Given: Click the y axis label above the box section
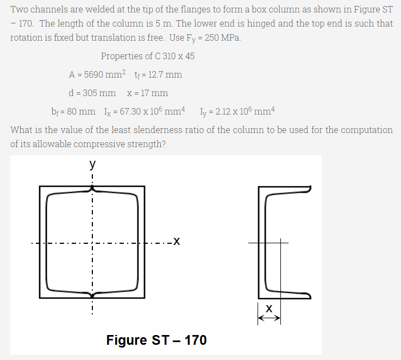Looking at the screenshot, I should pos(93,163).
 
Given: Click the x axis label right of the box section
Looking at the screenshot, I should pos(176,241).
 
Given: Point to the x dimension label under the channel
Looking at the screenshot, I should pos(270,308).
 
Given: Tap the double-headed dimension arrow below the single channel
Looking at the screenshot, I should pos(270,319).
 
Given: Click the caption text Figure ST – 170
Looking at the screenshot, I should pos(156,340).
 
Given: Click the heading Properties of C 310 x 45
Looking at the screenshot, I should pos(148,56).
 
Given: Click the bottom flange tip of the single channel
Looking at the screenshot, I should pos(309,295).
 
